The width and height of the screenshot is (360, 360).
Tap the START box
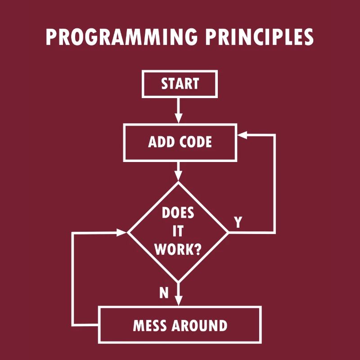pos(180,84)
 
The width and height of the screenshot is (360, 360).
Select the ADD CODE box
pos(180,142)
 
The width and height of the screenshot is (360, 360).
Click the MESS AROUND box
pos(180,325)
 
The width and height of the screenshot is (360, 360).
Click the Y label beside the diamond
pos(238,222)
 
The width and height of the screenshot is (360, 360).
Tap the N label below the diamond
pos(164,293)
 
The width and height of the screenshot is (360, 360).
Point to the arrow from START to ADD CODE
pos(179,110)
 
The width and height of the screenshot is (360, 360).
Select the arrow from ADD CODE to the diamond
pos(179,171)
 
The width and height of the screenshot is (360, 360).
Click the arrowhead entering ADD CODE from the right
pos(243,135)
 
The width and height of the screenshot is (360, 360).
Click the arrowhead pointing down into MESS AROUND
pos(179,301)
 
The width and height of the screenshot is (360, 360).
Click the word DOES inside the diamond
pos(178,212)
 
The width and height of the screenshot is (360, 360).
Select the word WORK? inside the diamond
pos(178,249)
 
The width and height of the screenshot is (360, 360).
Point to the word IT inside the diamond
pos(178,231)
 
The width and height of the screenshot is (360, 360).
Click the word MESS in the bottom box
pos(151,325)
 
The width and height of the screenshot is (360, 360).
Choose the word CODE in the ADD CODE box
pos(195,142)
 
